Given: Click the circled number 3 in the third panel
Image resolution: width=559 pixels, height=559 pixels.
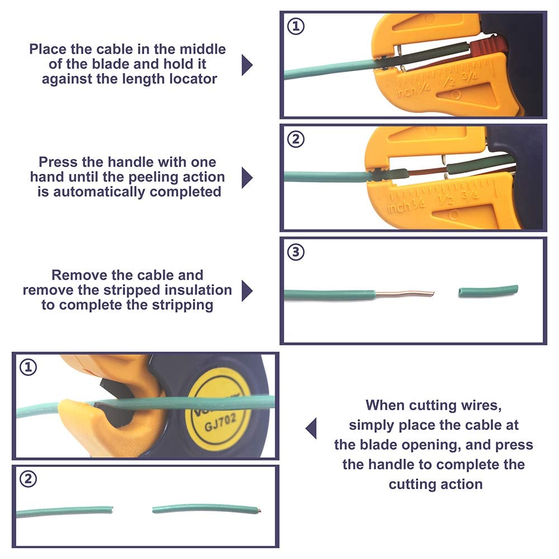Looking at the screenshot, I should (297, 252).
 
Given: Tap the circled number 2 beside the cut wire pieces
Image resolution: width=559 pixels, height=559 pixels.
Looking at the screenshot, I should (27, 479).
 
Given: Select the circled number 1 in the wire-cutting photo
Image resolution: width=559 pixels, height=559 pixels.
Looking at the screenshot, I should (28, 367).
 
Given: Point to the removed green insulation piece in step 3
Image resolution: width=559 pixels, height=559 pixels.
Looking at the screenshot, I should (488, 291).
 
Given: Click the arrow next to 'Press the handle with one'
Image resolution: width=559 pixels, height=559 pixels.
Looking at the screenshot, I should (247, 178).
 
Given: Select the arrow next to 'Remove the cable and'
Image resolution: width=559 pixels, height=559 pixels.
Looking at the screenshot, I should (247, 291).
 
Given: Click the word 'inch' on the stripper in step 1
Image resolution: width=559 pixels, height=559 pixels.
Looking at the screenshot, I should (405, 93).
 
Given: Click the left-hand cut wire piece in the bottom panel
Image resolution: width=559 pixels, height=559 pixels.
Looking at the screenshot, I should (64, 511).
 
